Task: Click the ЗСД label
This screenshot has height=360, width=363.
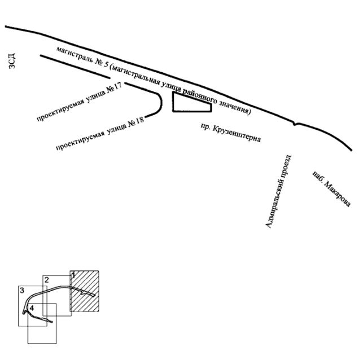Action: [12, 61]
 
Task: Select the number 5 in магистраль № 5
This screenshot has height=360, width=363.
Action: [106, 64]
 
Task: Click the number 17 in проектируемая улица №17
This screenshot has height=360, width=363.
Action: [117, 86]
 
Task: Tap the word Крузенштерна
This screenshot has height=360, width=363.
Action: [237, 134]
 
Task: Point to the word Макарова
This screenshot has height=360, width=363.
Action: [337, 194]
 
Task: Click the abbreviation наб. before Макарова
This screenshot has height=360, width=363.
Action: [317, 175]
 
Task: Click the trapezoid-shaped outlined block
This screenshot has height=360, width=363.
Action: [173, 102]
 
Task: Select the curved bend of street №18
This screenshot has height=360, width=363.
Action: [161, 103]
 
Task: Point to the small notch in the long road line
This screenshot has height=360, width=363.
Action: [295, 124]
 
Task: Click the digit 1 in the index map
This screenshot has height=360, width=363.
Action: [73, 275]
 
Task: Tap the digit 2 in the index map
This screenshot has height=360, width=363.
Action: [46, 280]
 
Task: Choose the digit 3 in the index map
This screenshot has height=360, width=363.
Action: [22, 291]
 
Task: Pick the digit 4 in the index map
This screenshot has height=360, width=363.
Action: [32, 308]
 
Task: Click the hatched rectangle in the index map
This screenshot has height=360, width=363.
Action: [85, 291]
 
